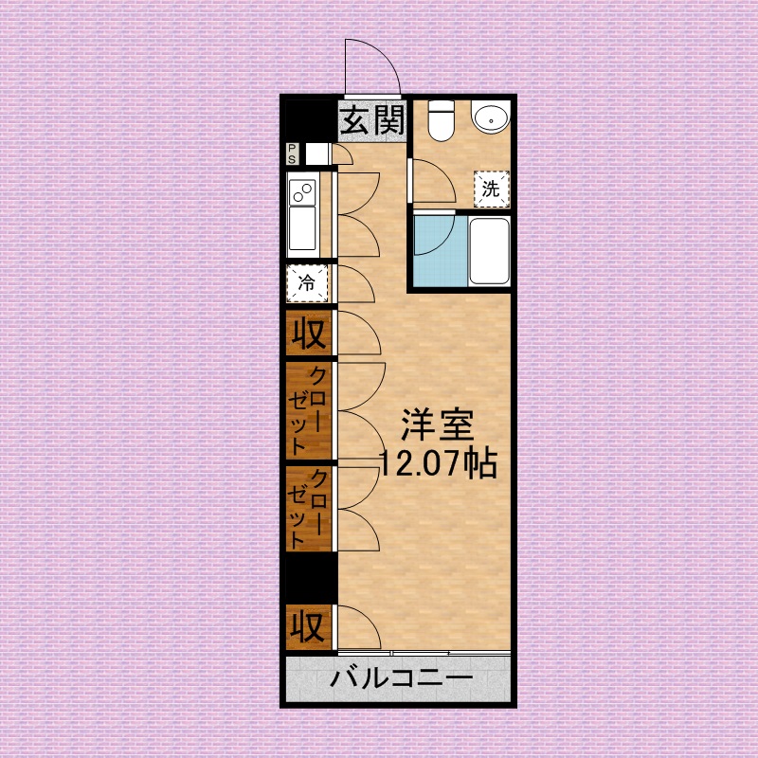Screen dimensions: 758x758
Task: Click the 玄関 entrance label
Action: (x=372, y=119)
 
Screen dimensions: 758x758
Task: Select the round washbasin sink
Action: (x=492, y=118)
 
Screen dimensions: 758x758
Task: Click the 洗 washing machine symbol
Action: (x=491, y=188)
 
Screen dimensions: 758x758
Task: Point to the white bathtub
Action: (x=490, y=250)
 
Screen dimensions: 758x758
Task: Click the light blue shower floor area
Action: (x=438, y=249)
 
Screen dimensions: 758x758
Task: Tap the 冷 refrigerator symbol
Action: (x=308, y=281)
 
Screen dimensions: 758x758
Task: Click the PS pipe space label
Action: (x=293, y=153)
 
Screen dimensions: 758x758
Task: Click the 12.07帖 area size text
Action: (x=436, y=462)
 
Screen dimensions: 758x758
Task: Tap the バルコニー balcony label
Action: (x=402, y=679)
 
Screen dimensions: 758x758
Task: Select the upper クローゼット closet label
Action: (x=309, y=409)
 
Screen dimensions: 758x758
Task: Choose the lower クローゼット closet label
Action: (x=309, y=510)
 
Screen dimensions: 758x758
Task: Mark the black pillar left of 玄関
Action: (x=311, y=119)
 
